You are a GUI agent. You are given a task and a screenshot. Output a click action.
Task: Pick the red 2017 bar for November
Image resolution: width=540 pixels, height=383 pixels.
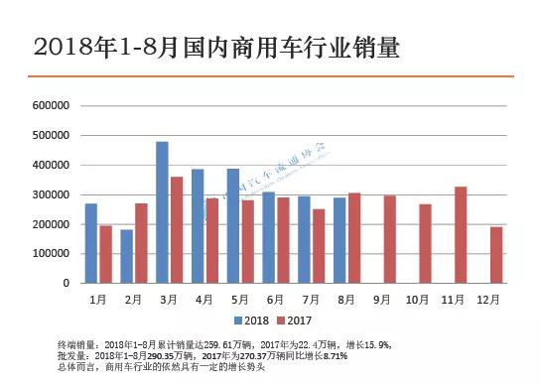(x=461, y=235)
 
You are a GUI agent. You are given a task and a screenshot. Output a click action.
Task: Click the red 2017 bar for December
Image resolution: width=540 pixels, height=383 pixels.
(x=496, y=255)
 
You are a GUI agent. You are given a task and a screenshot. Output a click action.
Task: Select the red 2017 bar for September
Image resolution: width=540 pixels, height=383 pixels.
(x=389, y=239)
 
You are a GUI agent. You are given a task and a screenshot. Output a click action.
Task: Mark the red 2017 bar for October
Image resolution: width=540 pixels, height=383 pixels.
(x=425, y=244)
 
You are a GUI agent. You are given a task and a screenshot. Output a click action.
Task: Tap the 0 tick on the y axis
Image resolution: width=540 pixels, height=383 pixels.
(x=65, y=284)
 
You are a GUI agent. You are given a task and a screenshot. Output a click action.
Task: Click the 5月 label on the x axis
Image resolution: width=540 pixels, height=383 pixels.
(x=240, y=298)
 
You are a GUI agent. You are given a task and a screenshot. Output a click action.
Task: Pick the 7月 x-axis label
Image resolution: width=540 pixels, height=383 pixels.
(x=312, y=298)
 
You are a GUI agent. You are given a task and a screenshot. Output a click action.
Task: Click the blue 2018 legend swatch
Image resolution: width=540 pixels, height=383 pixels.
(x=238, y=319)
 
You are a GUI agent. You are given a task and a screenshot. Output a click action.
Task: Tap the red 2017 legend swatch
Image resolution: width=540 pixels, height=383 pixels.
(x=280, y=319)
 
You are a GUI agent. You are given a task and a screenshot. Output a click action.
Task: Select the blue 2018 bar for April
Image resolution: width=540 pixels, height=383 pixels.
(x=198, y=226)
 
